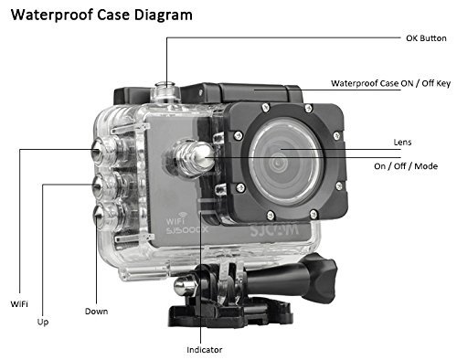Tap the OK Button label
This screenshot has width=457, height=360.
pyautogui.click(x=426, y=39)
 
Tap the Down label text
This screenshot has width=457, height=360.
pyautogui.click(x=96, y=311)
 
